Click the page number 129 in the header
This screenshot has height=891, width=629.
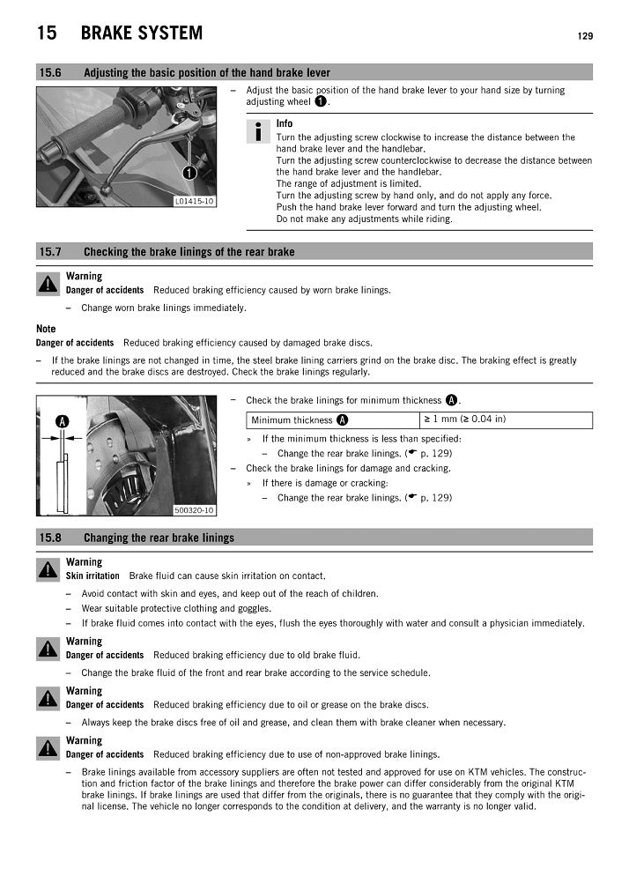click(x=585, y=36)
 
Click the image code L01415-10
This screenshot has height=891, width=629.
click(x=195, y=201)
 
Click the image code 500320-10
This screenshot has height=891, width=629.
click(x=194, y=509)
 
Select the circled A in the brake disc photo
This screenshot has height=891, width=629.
click(x=62, y=420)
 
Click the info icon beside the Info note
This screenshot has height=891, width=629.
click(x=258, y=132)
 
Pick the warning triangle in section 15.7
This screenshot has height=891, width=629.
click(x=47, y=284)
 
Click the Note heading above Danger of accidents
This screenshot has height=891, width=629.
click(x=46, y=329)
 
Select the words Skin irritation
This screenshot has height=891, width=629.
click(x=92, y=576)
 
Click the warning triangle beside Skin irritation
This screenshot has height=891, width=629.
click(x=47, y=569)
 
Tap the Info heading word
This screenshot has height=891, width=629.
click(x=285, y=123)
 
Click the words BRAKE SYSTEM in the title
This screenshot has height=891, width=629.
click(x=141, y=33)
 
